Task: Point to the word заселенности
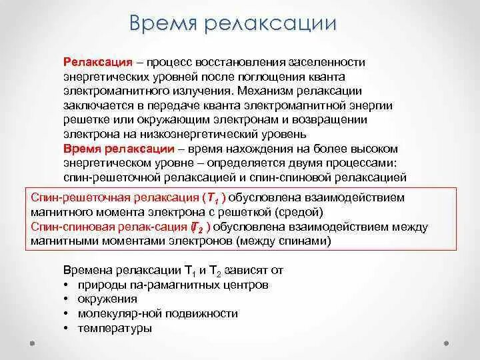327,62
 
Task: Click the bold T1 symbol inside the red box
213,199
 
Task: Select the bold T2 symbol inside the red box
197,228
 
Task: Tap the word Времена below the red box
86,270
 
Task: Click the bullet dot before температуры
67,328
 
